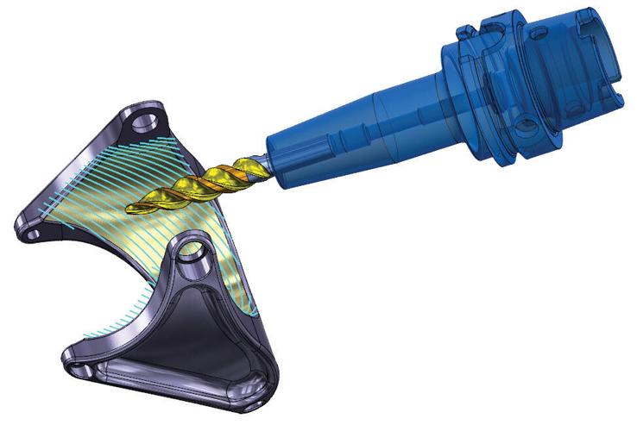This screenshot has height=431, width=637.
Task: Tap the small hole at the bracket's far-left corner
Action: [x=34, y=231]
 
